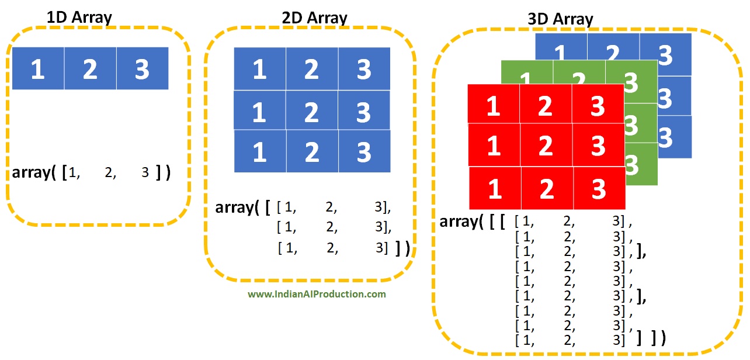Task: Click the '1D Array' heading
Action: coord(79,17)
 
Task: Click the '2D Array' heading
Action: coord(314,18)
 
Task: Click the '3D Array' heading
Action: coord(560,19)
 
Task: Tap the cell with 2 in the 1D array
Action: coord(90,69)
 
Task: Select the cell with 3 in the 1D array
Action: coord(142,69)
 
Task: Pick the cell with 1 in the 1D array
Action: coord(38,69)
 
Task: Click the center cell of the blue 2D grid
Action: coord(311,111)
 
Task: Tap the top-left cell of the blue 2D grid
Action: coord(259,70)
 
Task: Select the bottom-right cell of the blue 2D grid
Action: coord(364,151)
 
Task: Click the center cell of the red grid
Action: coord(545,146)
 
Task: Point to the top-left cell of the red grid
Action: coord(494,105)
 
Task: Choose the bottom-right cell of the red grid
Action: coord(598,188)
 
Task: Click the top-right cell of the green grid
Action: coord(631,81)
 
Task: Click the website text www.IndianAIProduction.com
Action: coord(317,294)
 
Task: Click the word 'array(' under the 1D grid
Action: coord(34,173)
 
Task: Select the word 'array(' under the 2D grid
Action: coord(237,207)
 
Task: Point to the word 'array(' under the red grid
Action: coord(460,222)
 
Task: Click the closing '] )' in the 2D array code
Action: coord(402,249)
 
